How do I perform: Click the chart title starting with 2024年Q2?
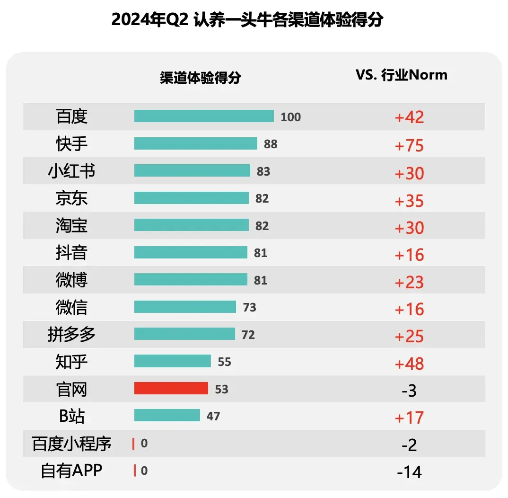tap(247, 20)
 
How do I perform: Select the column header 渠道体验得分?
tap(200, 77)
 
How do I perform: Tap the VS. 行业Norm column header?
tap(401, 75)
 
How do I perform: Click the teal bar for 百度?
tap(204, 116)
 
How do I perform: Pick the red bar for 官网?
tap(171, 388)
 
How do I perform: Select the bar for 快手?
tap(195, 143)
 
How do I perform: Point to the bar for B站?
tap(167, 415)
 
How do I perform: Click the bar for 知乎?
tap(172, 361)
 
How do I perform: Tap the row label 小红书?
tap(71, 171)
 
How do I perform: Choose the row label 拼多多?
tap(71, 334)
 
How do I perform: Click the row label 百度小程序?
tap(71, 444)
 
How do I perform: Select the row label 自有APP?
tap(71, 471)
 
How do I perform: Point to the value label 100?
tap(290, 117)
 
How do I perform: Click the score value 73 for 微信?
tap(249, 308)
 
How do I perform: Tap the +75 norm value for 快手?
tap(409, 145)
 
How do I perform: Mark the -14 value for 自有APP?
tap(409, 472)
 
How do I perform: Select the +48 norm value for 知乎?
tap(409, 363)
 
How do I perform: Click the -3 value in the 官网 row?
tap(409, 391)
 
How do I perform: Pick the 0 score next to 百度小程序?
tap(144, 444)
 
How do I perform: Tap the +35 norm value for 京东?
tap(409, 200)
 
